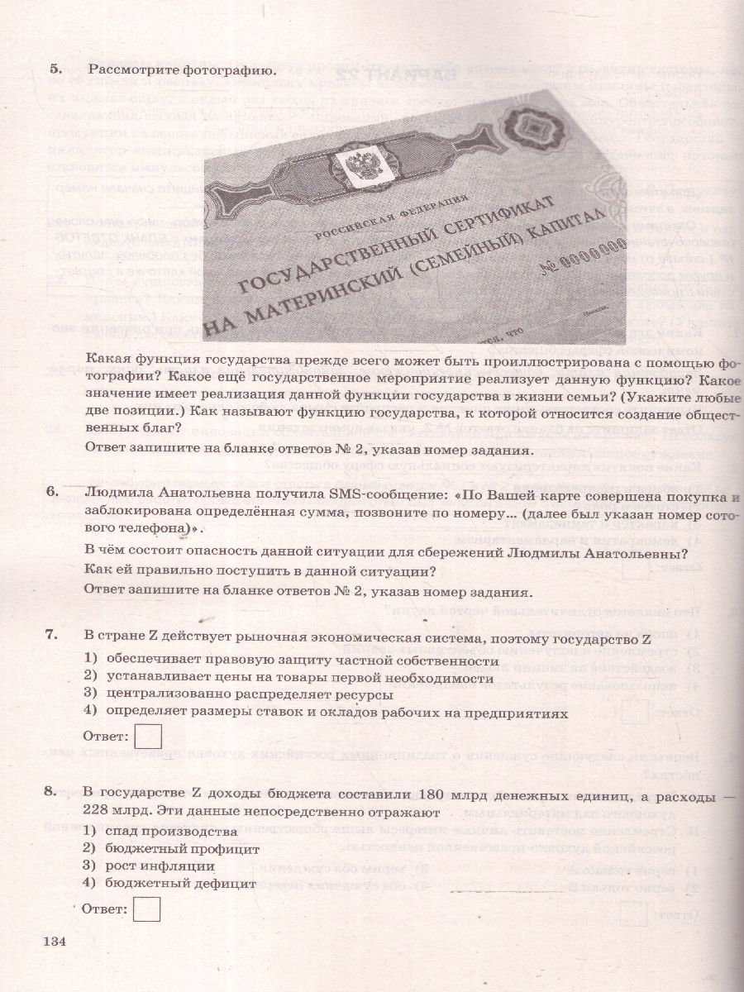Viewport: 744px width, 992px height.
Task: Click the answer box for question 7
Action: click(x=147, y=736)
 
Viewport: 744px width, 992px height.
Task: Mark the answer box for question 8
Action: click(x=147, y=909)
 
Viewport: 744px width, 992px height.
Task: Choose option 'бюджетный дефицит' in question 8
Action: click(x=180, y=883)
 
